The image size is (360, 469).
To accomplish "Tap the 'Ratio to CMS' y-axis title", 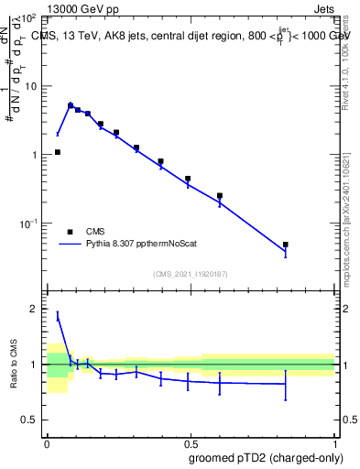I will coord(14,364).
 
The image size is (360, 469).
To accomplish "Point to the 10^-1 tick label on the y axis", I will coord(28,224).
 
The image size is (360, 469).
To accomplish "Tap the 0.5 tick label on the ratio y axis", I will coord(29,420).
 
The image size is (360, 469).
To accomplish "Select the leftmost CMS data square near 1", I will coord(57,152).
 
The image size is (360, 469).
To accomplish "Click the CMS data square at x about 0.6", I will coord(220,195).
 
